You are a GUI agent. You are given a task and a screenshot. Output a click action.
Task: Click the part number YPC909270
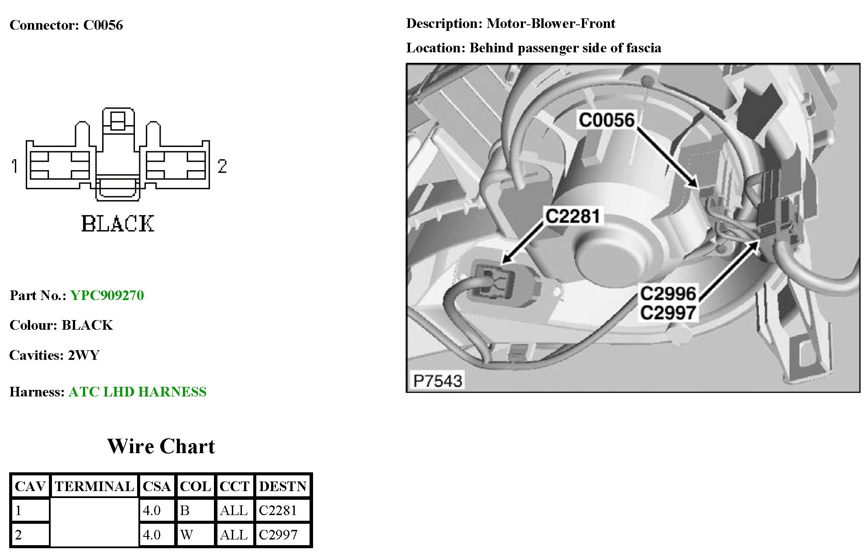tap(107, 296)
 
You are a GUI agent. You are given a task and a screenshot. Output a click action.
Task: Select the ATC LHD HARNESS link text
tap(137, 392)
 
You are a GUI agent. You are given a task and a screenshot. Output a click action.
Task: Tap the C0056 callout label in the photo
tap(606, 120)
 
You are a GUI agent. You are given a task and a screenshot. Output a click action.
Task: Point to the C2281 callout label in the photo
tap(572, 216)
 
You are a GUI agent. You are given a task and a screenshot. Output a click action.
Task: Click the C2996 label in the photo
tap(668, 294)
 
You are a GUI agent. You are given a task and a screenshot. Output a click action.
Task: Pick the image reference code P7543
tap(437, 381)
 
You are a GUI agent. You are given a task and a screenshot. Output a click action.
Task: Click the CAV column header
tap(30, 486)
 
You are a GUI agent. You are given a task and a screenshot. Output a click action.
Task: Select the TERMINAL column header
tap(94, 486)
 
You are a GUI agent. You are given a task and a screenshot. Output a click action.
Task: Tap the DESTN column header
tap(282, 486)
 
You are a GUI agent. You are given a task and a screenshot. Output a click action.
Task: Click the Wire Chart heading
tap(161, 446)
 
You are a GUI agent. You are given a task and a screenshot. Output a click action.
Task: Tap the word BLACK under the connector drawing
tap(117, 224)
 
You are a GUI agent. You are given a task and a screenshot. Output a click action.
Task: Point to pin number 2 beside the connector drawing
tap(222, 166)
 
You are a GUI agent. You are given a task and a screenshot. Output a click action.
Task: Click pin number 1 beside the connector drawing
tap(15, 166)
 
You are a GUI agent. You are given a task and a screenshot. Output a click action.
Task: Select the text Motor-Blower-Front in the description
tap(551, 23)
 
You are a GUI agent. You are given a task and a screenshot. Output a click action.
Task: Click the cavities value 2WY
tap(83, 355)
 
